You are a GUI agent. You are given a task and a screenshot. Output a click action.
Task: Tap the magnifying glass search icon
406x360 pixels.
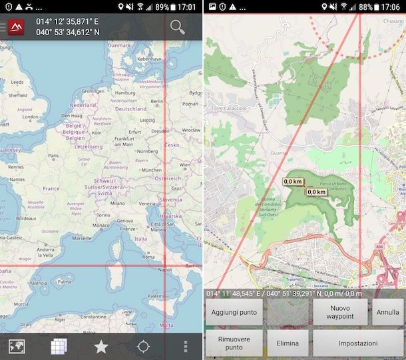177,27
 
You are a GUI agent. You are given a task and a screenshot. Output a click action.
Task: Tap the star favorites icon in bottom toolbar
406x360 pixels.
101,346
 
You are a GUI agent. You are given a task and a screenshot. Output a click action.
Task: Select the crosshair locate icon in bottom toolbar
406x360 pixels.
143,346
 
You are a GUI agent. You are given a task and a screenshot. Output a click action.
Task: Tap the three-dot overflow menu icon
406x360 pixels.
186,346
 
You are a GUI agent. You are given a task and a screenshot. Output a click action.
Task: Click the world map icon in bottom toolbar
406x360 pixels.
17,346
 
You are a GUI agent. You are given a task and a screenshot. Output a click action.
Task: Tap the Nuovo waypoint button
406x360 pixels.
340,312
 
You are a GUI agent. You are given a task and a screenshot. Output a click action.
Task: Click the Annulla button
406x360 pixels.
387,312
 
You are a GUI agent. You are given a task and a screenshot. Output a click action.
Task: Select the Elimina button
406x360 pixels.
288,343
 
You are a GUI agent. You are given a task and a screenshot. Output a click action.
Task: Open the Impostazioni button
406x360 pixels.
358,343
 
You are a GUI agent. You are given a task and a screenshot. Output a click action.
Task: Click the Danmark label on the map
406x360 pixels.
120,45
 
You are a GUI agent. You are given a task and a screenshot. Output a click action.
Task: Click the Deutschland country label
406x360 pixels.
130,108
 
